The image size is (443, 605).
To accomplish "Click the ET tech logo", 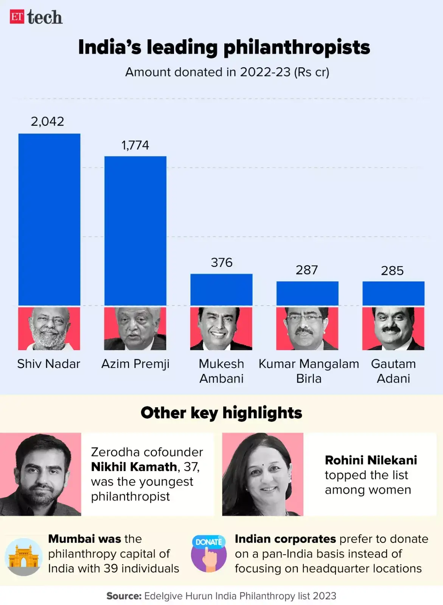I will pyautogui.click(x=36, y=17).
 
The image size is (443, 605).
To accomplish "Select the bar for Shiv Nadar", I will pyautogui.click(x=49, y=219).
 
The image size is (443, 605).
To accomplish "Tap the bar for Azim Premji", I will pyautogui.click(x=135, y=231).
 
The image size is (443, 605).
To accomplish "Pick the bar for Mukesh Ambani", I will pyautogui.click(x=221, y=290).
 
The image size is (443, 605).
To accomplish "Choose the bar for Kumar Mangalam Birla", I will pyautogui.click(x=307, y=293).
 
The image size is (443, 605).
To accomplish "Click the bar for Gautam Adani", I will pyautogui.click(x=393, y=293).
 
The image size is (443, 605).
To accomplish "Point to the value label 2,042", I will pyautogui.click(x=47, y=121).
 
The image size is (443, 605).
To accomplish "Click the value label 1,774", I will pyautogui.click(x=135, y=145).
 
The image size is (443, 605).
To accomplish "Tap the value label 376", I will pyautogui.click(x=222, y=262).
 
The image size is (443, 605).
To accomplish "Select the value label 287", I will pyautogui.click(x=307, y=270).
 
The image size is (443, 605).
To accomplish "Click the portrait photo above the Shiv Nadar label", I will pyautogui.click(x=49, y=328).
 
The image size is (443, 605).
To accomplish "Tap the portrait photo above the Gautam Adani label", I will pyautogui.click(x=393, y=328).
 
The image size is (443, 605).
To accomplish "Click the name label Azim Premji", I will pyautogui.click(x=135, y=364).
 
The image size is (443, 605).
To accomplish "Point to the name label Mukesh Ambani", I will pyautogui.click(x=222, y=371).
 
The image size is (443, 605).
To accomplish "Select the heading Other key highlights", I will pyautogui.click(x=221, y=413).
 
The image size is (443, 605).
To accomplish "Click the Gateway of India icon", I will pyautogui.click(x=23, y=557).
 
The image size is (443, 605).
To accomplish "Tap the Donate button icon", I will pyautogui.click(x=209, y=553).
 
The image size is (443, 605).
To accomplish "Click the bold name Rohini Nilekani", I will pyautogui.click(x=371, y=460).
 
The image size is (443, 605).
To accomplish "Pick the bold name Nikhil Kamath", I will pyautogui.click(x=134, y=467).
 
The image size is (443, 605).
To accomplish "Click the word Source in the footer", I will pyautogui.click(x=124, y=596).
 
